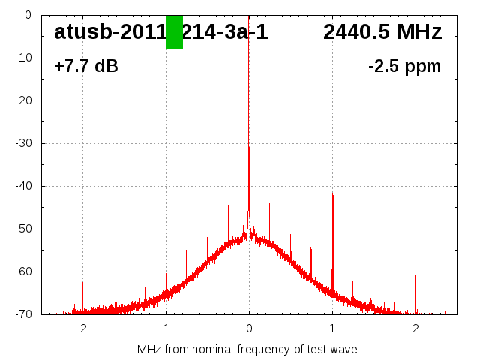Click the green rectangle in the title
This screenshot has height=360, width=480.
click(174, 32)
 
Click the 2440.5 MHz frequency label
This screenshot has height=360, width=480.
click(382, 32)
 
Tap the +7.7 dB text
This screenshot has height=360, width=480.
click(85, 66)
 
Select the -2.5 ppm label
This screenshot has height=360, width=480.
click(404, 66)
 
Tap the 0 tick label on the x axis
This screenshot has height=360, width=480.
click(249, 328)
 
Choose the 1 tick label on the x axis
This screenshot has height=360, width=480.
click(332, 328)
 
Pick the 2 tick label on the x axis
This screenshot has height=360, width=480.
click(415, 328)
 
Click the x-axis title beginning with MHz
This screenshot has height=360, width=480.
click(247, 349)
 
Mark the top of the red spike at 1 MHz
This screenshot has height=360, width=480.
click(332, 194)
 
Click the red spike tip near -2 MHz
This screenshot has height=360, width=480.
click(82, 282)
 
